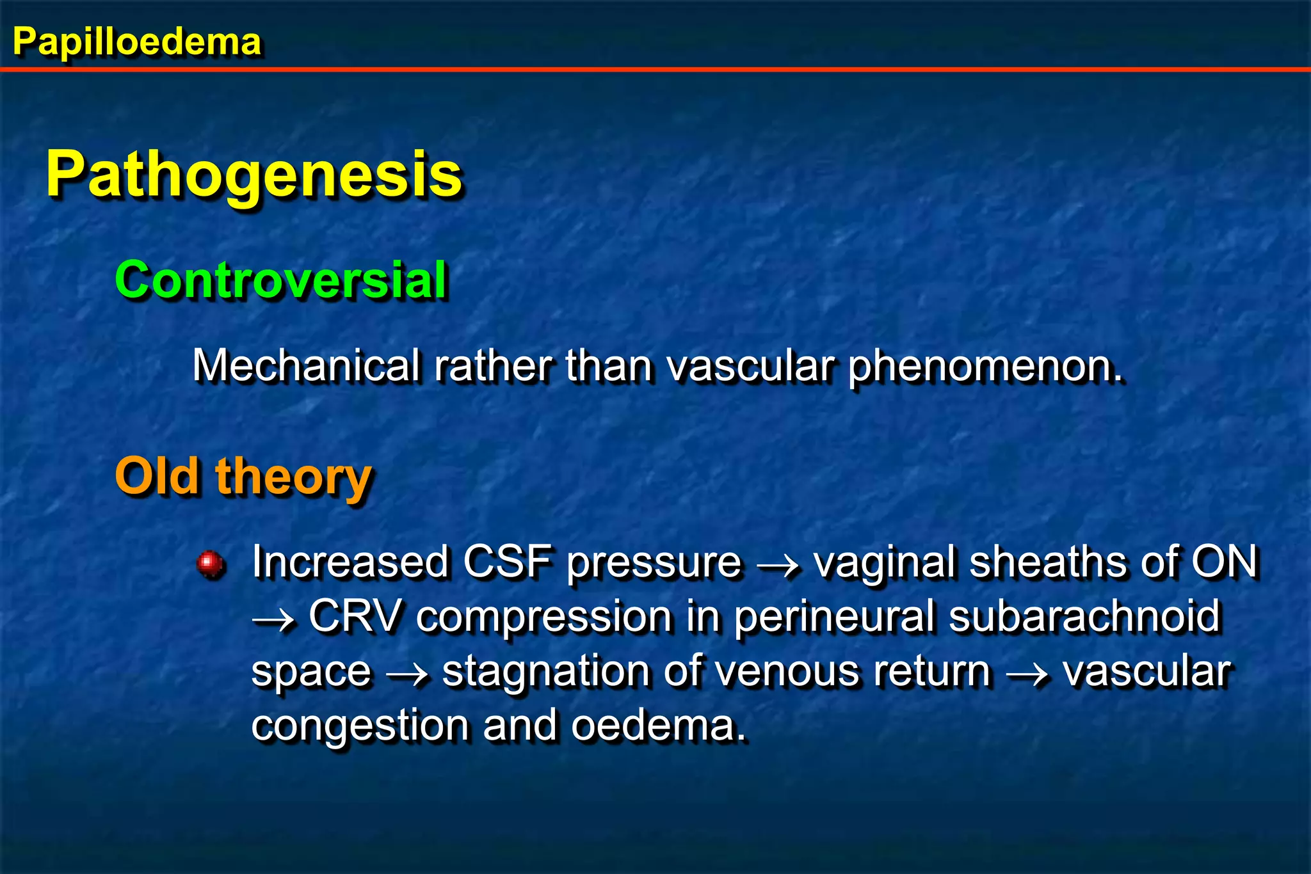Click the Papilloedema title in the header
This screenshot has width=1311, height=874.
136,42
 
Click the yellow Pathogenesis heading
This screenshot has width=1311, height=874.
253,175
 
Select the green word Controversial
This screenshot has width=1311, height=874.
281,280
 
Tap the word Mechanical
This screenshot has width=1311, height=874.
306,366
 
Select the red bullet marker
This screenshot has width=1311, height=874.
210,564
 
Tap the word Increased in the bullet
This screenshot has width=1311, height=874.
350,562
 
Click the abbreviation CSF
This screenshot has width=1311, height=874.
507,562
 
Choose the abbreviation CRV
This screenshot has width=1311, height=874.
356,617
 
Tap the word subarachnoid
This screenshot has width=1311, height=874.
1084,617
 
